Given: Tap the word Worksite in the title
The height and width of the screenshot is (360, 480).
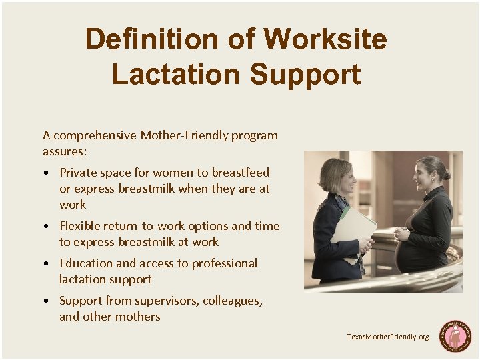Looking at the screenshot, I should (x=325, y=39).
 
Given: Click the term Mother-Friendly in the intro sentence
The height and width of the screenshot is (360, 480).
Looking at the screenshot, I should (x=184, y=135).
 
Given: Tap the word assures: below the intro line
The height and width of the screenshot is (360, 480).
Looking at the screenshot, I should (x=64, y=151).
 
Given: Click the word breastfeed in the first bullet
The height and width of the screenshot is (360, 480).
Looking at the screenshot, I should (x=239, y=173).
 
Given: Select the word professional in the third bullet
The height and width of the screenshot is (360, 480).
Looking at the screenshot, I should (x=224, y=263).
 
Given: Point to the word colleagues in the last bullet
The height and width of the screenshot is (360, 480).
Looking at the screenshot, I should (x=231, y=301).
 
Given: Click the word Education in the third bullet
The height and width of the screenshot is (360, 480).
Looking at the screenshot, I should (x=86, y=263).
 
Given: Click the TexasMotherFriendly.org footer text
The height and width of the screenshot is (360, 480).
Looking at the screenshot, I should (x=387, y=337).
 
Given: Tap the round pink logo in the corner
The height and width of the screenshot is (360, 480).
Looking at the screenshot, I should (x=455, y=336).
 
